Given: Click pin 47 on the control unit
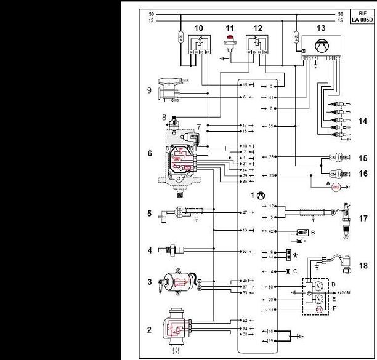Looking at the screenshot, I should click(245, 212).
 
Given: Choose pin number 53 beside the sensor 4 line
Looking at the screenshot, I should click(245, 252).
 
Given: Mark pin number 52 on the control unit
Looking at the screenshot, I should click(245, 321).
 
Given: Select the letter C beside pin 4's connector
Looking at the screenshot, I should click(296, 271).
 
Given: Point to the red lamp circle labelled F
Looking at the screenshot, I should click(319, 310).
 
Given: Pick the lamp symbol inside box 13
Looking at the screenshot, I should click(320, 46).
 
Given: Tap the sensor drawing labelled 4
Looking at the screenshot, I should click(171, 252).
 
